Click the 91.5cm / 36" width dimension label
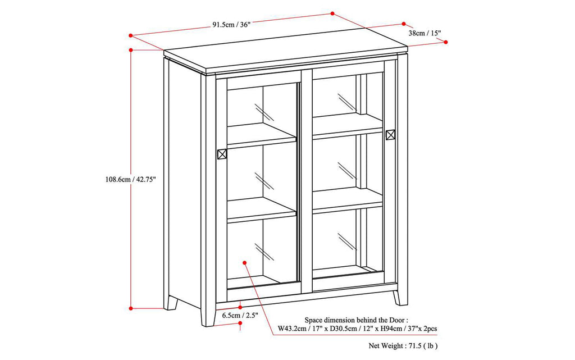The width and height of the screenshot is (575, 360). click(231, 25)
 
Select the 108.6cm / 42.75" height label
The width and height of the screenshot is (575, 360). click(130, 180)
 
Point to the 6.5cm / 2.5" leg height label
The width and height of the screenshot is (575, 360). click(240, 316)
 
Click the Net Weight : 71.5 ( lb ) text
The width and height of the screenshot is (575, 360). click(403, 347)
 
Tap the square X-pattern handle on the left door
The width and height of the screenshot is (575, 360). click(222, 154)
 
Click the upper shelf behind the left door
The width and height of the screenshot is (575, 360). click(261, 135)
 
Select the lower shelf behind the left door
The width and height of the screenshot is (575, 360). click(261, 209)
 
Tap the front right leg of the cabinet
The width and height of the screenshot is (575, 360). click(400, 297)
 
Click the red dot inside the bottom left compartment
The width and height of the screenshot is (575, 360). click(245, 262)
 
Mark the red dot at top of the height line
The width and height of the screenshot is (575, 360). click(131, 50)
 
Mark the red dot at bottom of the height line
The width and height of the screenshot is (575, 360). click(131, 308)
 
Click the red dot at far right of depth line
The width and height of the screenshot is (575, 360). click(446, 42)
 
